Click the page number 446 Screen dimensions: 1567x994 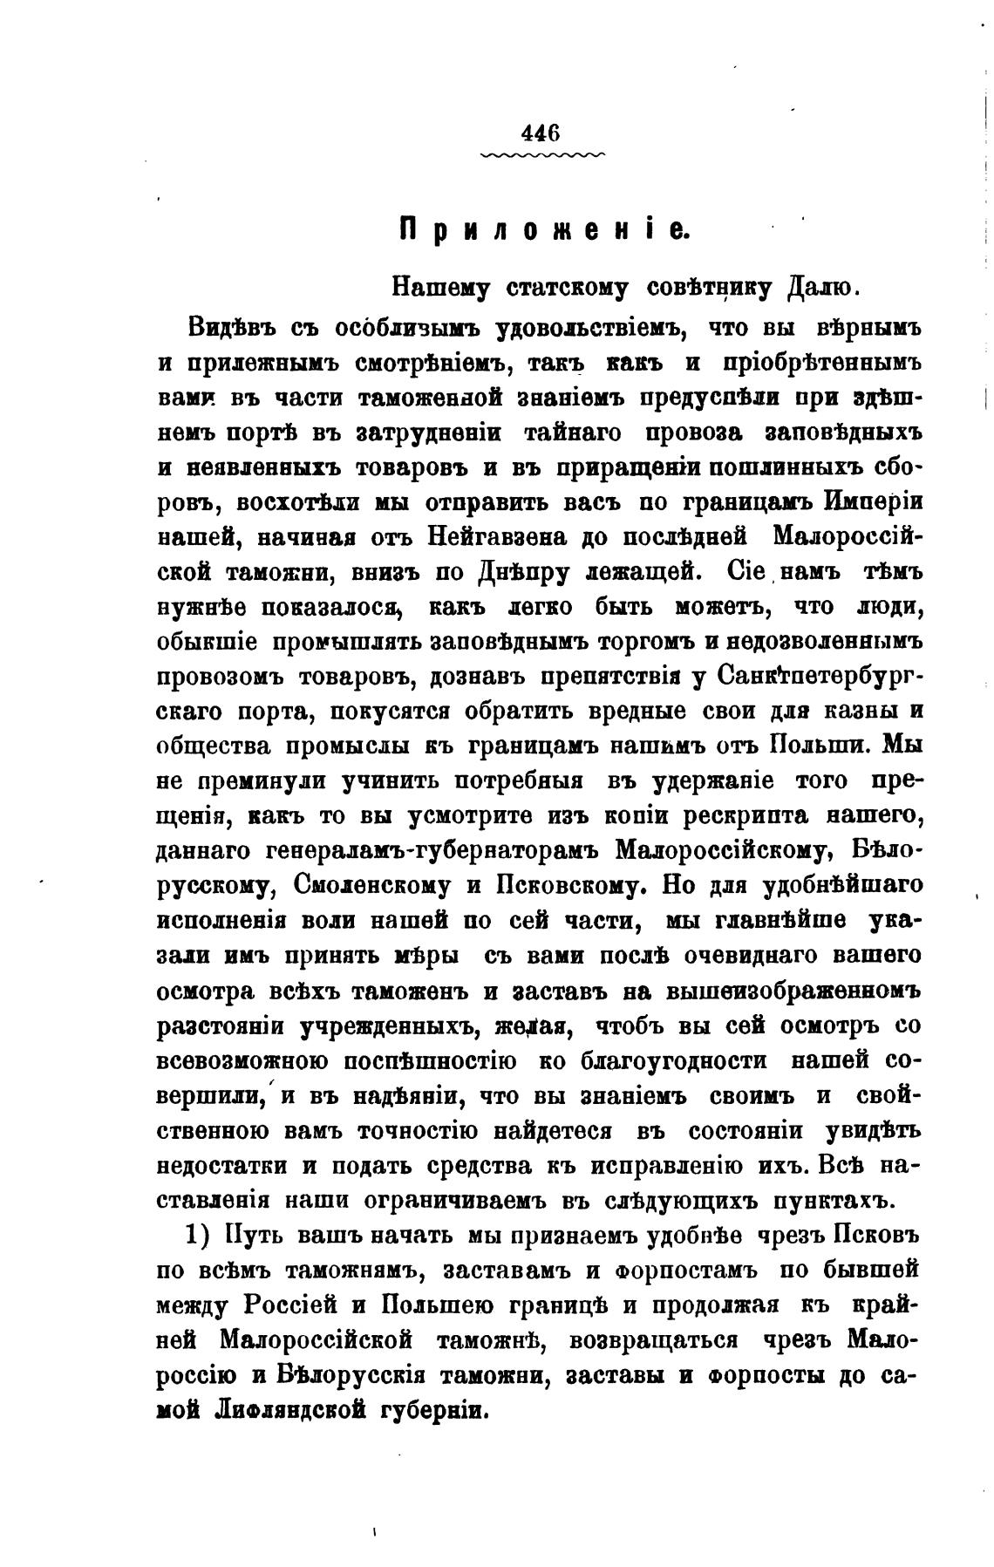pyautogui.click(x=540, y=133)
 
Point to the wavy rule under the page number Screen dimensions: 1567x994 pyautogui.click(x=541, y=155)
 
